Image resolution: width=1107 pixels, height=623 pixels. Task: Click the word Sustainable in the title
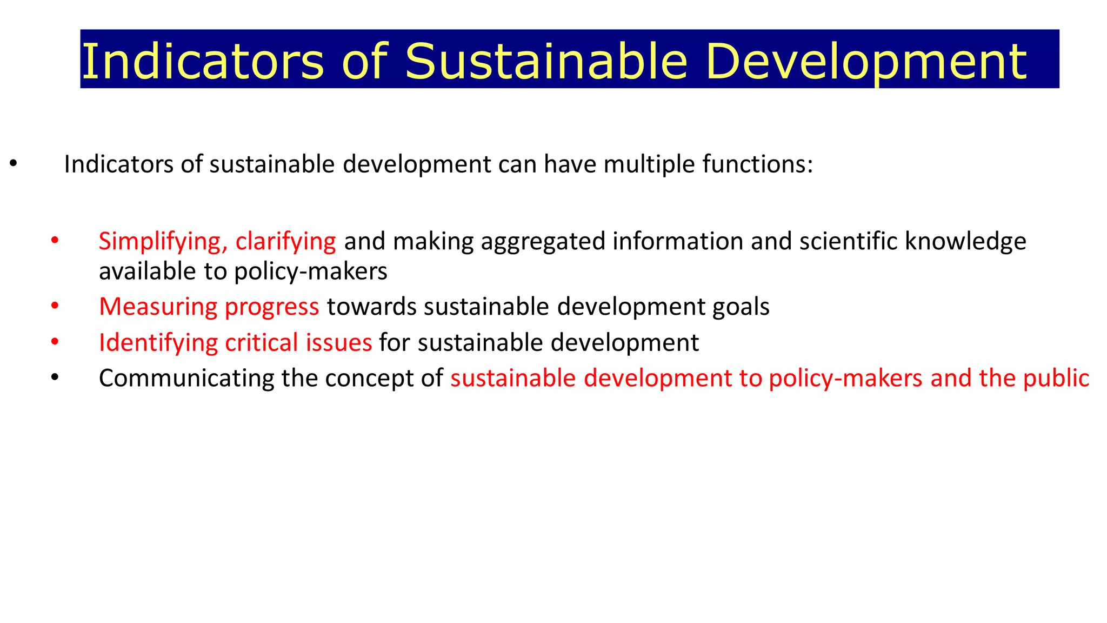pos(546,61)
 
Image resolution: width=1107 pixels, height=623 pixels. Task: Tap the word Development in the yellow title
pos(865,61)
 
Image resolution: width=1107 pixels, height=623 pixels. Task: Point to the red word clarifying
pos(285,241)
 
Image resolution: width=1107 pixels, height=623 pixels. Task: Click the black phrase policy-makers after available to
pos(311,271)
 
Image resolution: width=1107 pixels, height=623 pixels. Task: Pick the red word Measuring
pos(158,307)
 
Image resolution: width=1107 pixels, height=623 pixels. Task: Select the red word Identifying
pos(158,343)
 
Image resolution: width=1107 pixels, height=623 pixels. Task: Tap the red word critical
pos(262,343)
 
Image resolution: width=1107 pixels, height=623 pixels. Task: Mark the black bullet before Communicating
pos(55,377)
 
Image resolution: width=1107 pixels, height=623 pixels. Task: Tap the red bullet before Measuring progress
pos(55,306)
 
